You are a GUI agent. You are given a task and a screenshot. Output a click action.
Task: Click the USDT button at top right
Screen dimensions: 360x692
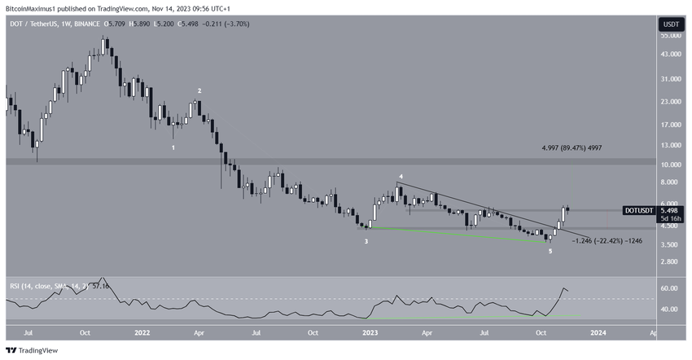pos(670,24)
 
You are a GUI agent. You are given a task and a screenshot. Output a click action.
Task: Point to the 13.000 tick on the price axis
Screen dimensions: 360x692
pos(670,145)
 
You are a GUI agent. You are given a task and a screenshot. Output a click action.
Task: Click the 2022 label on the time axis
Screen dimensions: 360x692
pos(142,332)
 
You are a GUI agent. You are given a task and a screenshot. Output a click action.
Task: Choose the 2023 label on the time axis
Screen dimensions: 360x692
pos(370,332)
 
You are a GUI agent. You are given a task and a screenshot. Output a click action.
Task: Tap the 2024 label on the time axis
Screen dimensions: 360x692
pos(597,332)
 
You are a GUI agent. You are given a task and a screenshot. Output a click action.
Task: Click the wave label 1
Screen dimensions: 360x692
pos(173,147)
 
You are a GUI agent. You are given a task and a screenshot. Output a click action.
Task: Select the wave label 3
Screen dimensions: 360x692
pos(366,241)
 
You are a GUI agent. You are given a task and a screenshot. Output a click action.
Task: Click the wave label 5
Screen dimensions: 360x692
pos(550,252)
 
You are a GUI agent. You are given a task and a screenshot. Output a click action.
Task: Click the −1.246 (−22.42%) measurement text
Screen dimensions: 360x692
pos(607,240)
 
